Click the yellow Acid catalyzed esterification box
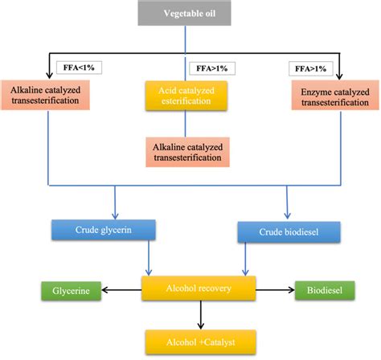click(186, 96)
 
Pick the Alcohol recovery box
click(199, 288)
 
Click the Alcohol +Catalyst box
click(199, 338)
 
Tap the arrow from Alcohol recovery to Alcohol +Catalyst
click(199, 313)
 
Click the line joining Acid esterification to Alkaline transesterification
click(186, 122)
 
